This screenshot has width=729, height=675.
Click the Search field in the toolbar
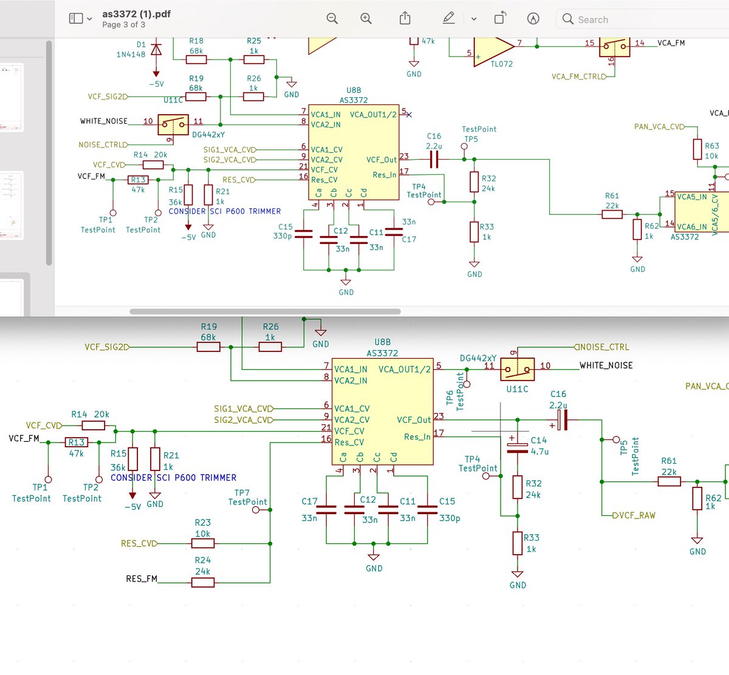click(x=644, y=19)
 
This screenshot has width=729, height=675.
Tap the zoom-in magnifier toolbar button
click(x=366, y=19)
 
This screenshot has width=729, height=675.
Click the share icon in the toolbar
click(x=405, y=19)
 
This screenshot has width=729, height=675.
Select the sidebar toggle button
click(x=80, y=19)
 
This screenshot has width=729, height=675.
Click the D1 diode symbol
click(x=156, y=50)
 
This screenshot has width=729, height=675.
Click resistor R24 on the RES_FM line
click(x=203, y=582)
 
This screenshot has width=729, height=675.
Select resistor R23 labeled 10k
click(x=203, y=543)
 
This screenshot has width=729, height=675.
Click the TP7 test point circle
click(x=256, y=510)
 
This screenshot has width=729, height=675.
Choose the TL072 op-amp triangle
click(x=493, y=49)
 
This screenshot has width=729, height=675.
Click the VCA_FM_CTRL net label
click(x=578, y=76)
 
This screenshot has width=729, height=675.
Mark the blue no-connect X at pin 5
click(x=409, y=114)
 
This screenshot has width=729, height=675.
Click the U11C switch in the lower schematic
click(x=517, y=369)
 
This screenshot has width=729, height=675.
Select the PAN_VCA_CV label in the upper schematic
click(x=658, y=127)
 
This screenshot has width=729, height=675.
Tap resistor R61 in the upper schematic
click(x=612, y=214)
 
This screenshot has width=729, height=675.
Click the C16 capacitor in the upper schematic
click(x=434, y=160)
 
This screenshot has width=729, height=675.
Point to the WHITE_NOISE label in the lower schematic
click(x=606, y=365)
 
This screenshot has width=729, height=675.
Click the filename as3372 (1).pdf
click(x=136, y=13)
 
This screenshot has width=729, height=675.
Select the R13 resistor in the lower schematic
click(x=77, y=443)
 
